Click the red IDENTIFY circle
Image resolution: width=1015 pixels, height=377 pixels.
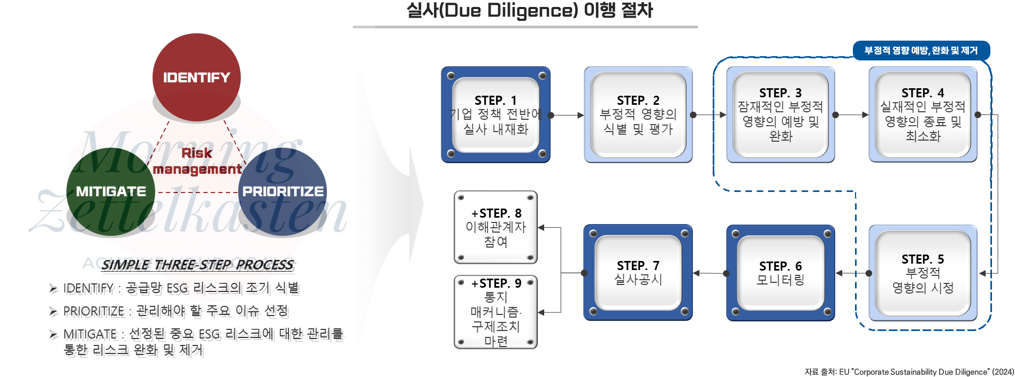196,77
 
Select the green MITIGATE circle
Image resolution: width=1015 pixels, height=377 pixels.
111,191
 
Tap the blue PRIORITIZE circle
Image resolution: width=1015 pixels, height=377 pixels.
283,191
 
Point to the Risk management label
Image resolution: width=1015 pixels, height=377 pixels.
197,161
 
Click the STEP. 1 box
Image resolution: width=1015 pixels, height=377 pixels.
495,114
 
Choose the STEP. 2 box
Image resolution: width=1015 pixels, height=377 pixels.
638,114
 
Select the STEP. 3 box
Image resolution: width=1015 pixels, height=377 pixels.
780,114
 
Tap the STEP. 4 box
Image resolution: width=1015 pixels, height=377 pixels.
923,114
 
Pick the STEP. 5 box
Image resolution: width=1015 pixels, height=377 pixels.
923,273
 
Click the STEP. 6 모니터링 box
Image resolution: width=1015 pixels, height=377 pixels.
780,273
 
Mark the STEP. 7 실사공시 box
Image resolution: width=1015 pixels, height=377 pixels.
638,273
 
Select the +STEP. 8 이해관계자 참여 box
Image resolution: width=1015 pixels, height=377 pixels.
495,227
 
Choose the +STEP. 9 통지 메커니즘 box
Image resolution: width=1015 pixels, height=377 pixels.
495,312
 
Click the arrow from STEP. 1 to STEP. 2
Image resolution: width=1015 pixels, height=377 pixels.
567,115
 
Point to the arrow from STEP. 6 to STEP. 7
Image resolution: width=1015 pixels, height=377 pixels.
709,273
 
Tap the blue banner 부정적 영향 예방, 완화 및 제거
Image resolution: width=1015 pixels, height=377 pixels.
921,51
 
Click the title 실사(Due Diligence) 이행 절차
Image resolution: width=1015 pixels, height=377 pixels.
529,11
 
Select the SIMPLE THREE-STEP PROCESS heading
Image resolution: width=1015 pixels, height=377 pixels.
197,265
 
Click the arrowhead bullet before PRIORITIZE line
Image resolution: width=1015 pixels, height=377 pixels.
53,311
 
